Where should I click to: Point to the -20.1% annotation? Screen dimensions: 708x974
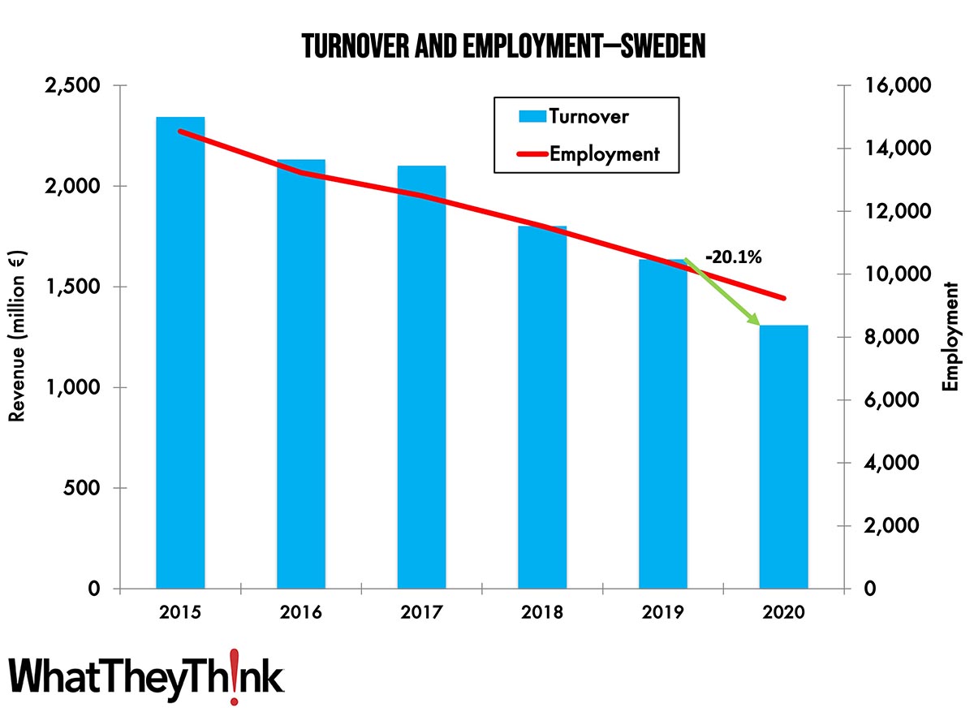[734, 257]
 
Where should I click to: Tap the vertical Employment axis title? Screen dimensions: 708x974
[950, 337]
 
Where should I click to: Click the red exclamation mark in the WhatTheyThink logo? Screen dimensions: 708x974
[234, 676]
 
